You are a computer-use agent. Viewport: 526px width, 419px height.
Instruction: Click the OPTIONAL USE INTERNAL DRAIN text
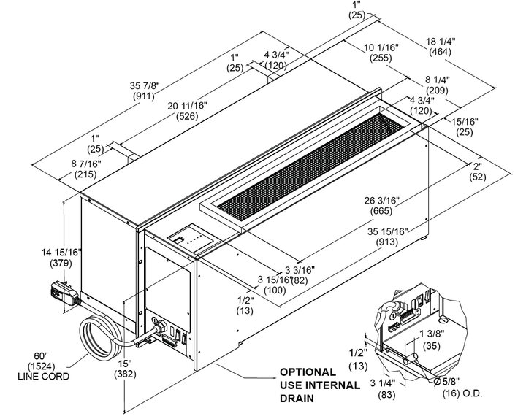(319, 385)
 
